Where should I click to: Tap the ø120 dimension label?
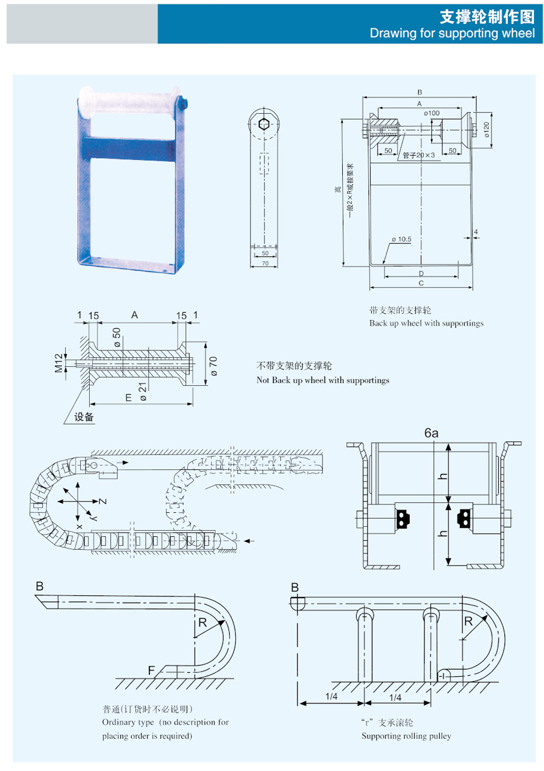click(486, 129)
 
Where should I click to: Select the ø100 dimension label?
click(431, 113)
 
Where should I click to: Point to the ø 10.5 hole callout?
click(401, 239)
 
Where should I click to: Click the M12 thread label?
click(58, 363)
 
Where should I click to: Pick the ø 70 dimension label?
click(213, 366)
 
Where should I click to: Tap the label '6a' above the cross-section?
click(431, 433)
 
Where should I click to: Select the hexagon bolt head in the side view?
click(264, 123)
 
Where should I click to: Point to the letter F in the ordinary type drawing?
click(151, 669)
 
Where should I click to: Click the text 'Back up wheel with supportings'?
click(426, 323)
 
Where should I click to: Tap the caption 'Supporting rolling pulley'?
click(406, 736)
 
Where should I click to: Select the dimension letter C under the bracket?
click(421, 283)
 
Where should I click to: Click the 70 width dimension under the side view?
click(264, 263)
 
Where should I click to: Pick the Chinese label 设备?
click(84, 417)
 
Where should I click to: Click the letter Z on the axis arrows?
click(102, 501)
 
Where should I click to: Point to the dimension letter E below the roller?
click(128, 397)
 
